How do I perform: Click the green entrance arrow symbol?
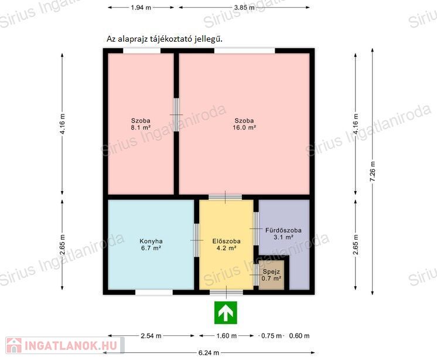pos(226,313)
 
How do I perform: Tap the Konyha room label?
pos(151,241)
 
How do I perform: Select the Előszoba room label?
pos(226,241)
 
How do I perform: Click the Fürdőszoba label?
pos(283,230)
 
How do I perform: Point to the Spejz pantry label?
pos(271,271)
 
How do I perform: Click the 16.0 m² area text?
pos(244,128)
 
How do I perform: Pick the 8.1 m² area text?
pos(141,128)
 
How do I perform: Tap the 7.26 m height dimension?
pos(373,171)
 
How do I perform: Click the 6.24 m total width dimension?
pos(209,353)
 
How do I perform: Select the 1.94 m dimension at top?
pos(141,8)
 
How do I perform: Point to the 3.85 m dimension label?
pos(244,8)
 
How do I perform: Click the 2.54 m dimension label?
pos(151,336)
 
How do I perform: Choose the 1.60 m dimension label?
pos(227,336)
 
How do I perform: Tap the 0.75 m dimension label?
pos(271,336)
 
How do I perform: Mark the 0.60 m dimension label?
pos(299,336)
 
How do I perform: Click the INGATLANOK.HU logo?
pos(65,345)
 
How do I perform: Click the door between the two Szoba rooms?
pos(176,114)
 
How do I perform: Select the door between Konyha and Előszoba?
pos(196,240)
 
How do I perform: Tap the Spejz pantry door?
pos(256,275)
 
